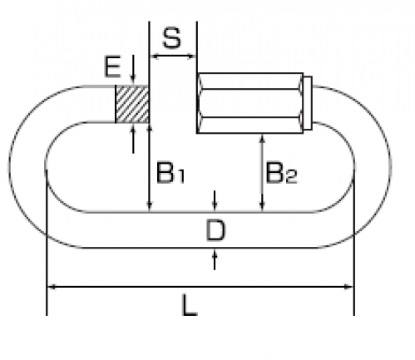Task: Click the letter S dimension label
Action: pos(172,37)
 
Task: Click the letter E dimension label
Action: pos(113,67)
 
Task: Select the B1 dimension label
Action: pos(170,172)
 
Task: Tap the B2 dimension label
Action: pos(281,173)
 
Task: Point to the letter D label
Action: pos(215,230)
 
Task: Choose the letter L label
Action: pos(190,305)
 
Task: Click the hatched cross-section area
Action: pos(132,104)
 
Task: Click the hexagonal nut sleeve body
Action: pos(250,103)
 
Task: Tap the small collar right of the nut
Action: pos(308,103)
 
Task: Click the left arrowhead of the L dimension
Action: pos(52,287)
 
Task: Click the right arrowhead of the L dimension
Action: pos(348,287)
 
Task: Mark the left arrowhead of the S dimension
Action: pos(154,57)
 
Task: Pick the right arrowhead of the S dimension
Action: pos(192,57)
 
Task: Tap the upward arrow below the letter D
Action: pos(215,259)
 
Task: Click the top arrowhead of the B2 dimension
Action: pos(262,139)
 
